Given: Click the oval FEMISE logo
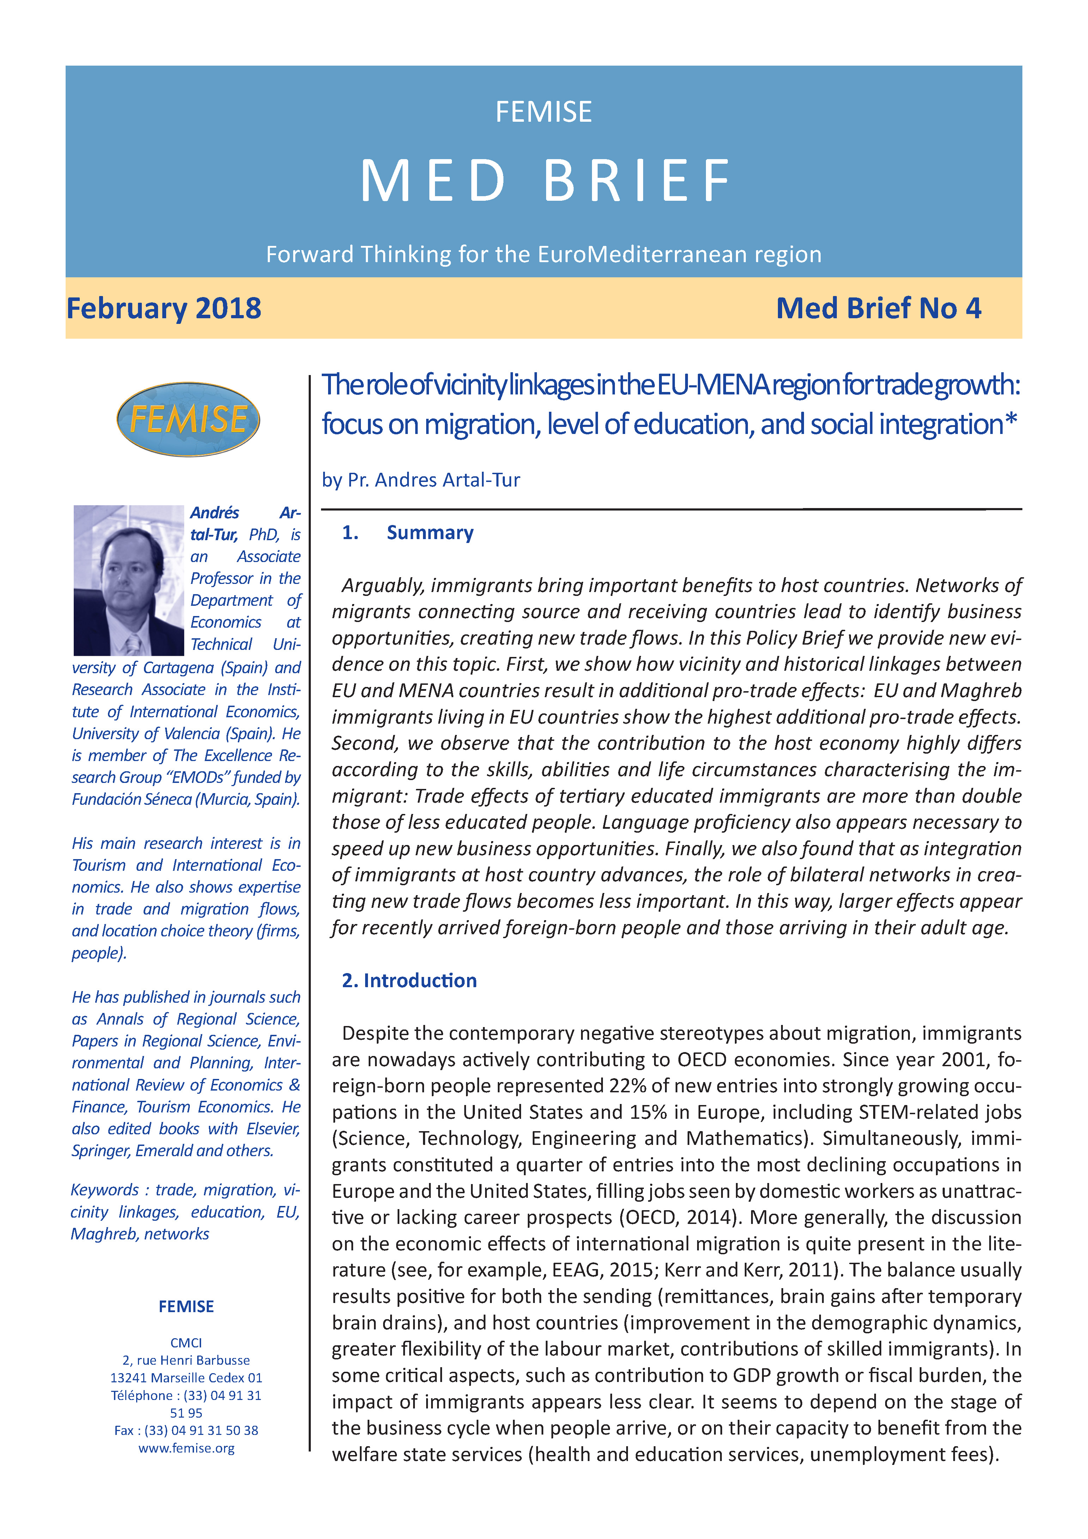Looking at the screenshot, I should pyautogui.click(x=188, y=419).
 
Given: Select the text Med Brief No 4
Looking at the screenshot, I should pyautogui.click(x=878, y=308).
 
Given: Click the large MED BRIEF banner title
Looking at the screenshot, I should pyautogui.click(x=544, y=181).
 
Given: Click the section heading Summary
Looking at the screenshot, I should pyautogui.click(x=430, y=533).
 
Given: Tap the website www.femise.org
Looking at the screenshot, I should pyautogui.click(x=186, y=1448).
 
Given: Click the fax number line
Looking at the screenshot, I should pyautogui.click(x=186, y=1430).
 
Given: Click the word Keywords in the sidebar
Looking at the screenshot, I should pyautogui.click(x=104, y=1190).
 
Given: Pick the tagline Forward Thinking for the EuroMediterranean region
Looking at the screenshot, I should pyautogui.click(x=544, y=255).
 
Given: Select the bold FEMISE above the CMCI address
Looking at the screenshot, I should pyautogui.click(x=186, y=1306).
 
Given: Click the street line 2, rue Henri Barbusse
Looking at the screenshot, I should pyautogui.click(x=186, y=1360).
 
